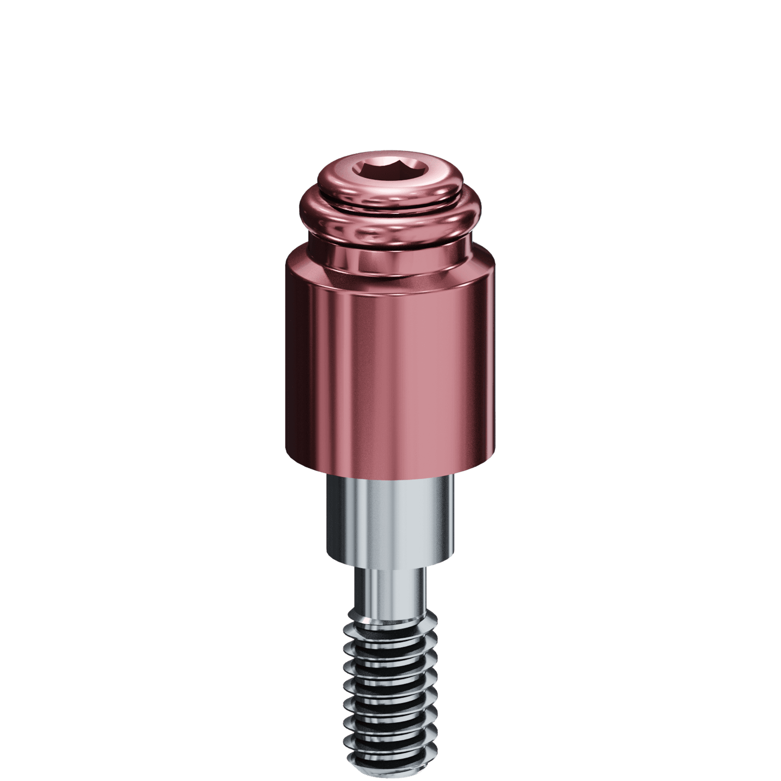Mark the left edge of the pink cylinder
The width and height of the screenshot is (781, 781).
[287, 364]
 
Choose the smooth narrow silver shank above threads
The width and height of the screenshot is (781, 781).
[390, 594]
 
